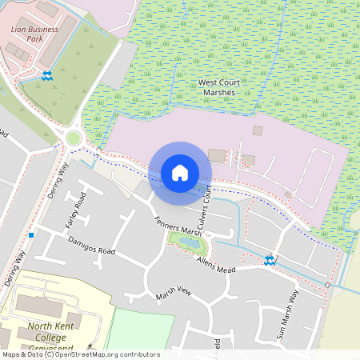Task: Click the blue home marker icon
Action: point(180,172)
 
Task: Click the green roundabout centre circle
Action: point(74,138)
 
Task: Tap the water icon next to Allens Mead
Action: point(270,259)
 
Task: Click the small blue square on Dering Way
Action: point(30,235)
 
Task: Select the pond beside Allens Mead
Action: point(186,242)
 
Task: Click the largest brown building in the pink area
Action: point(217,155)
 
